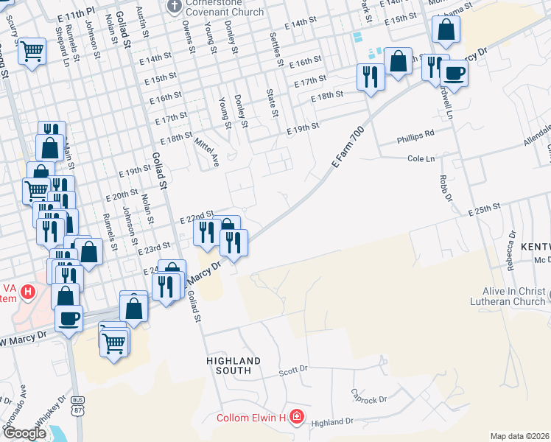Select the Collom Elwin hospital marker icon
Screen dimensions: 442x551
coord(296,418)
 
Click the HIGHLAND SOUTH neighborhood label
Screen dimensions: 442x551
coord(234,365)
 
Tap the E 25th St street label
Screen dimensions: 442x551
coord(484,210)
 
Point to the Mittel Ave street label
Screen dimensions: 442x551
coord(206,150)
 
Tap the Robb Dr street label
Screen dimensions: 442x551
coord(443,189)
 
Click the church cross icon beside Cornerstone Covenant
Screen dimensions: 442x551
coord(174,7)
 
